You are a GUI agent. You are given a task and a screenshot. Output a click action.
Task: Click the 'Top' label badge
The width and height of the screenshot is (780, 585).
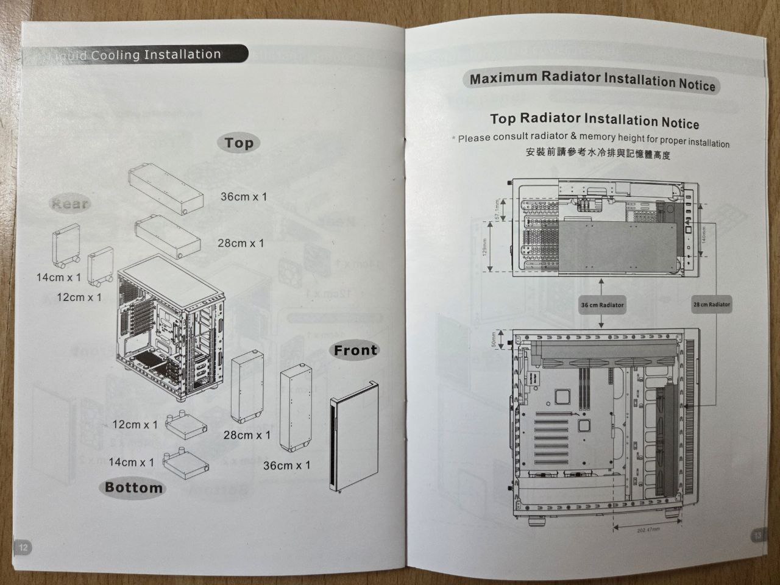point(238,143)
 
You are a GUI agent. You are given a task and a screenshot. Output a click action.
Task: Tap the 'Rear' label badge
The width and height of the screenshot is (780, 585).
point(70,204)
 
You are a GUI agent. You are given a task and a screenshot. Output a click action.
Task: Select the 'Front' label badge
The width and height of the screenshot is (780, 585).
point(355,350)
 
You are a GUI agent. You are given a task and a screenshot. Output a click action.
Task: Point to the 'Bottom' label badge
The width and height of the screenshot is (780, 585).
point(133,487)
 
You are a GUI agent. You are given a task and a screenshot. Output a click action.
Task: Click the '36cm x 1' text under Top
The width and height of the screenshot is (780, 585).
point(243,197)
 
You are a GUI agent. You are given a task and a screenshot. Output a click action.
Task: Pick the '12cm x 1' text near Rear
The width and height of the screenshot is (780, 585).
point(79,297)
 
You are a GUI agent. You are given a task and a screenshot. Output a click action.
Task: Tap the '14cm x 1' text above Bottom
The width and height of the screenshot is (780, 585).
point(131,463)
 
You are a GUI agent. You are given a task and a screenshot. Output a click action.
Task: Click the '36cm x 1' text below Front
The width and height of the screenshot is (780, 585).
point(286,466)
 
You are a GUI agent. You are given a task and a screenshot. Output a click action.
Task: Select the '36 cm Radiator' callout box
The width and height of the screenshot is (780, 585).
point(602,305)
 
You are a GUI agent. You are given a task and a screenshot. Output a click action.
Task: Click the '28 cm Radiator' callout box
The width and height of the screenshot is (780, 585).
point(711,305)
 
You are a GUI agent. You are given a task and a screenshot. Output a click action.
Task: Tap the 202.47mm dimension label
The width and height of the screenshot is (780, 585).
point(648,530)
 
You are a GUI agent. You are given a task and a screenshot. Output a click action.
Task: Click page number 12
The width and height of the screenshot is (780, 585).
point(23,547)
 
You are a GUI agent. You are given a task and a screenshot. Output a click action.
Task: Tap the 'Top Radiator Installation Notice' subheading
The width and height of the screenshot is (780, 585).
point(594,120)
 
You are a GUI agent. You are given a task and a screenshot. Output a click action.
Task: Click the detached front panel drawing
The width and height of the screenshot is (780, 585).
point(353,436)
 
